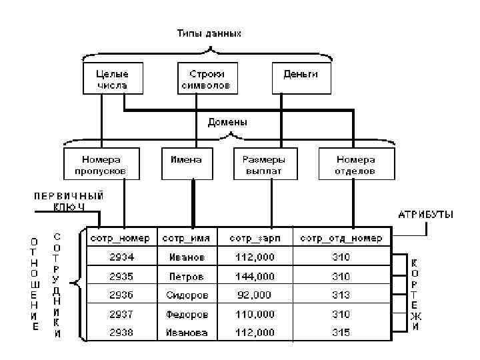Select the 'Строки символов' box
coord(205,79)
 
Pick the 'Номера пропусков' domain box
coord(103,164)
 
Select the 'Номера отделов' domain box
coord(355,164)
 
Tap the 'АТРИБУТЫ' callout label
coord(426,215)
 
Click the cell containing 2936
coord(122,294)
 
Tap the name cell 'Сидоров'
coord(187,294)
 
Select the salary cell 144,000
coord(254,275)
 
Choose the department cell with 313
coord(341,294)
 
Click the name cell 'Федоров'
coord(187,313)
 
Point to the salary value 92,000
coord(254,294)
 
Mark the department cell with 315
coord(341,332)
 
